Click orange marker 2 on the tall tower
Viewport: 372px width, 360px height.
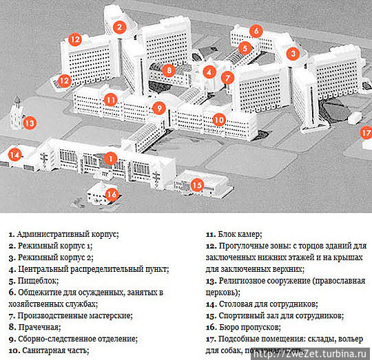pos(120,28)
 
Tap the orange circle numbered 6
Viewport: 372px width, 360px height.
pos(256,31)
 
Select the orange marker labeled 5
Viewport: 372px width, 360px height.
pos(245,48)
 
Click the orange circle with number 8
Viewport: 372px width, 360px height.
pos(169,69)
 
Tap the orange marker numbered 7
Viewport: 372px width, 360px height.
pos(228,78)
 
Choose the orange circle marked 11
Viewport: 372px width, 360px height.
pos(110,99)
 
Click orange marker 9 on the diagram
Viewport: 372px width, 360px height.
pos(158,108)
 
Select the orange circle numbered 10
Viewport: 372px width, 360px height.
pos(219,119)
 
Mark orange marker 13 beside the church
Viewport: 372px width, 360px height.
pos(29,124)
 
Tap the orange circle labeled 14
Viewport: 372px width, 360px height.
pos(14,155)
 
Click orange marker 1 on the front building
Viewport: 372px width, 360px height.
pos(110,158)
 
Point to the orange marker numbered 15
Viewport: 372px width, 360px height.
pos(197,184)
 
